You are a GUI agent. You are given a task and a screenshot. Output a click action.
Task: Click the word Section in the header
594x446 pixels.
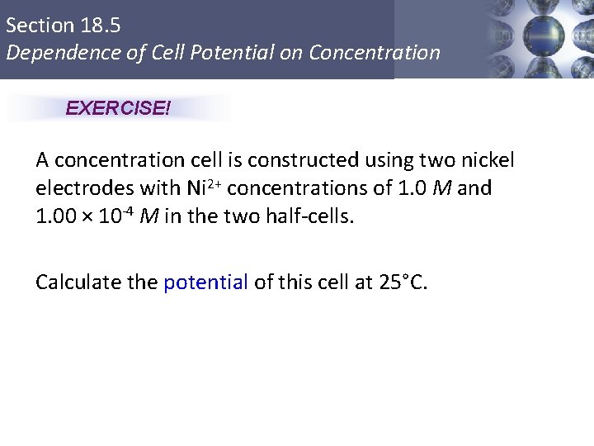(39, 26)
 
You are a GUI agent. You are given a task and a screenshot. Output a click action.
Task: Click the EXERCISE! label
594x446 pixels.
(118, 108)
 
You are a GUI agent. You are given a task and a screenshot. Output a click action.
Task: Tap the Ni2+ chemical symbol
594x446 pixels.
(199, 188)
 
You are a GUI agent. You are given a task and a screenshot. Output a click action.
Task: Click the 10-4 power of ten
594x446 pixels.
(115, 216)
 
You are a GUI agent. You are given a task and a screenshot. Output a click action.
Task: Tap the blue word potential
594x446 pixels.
(206, 282)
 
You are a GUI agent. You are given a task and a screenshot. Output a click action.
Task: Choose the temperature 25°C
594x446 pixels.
(403, 282)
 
